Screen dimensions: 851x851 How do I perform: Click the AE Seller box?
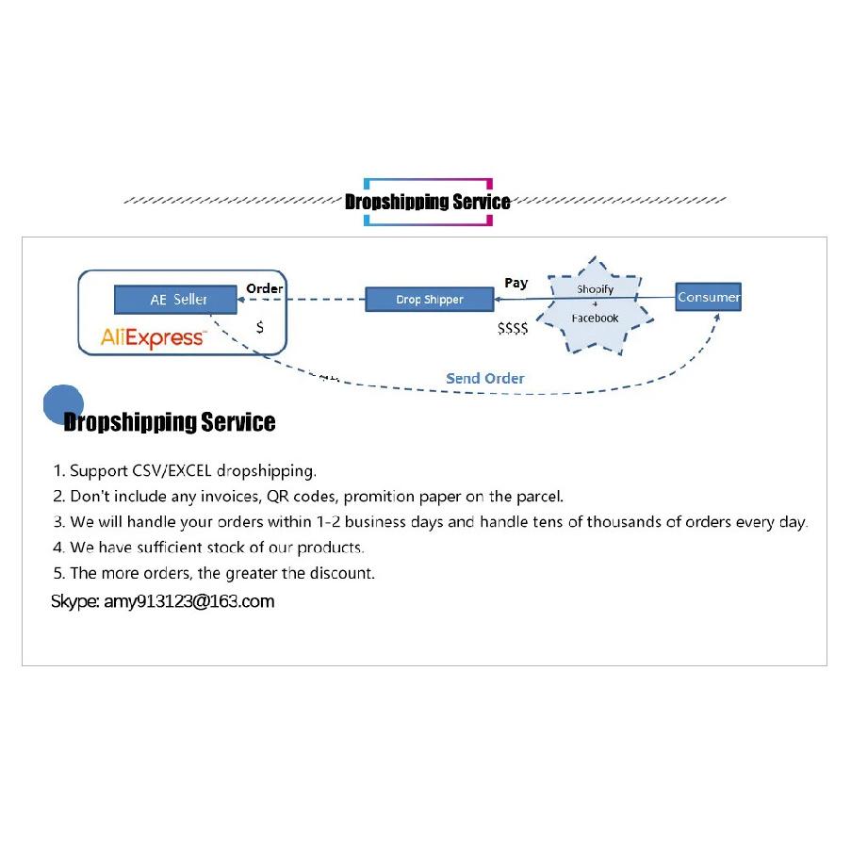[x=175, y=299]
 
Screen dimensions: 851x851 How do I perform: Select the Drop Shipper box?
[x=430, y=300]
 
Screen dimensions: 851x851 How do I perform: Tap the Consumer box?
[x=709, y=297]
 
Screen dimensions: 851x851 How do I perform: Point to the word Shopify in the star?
[x=595, y=289]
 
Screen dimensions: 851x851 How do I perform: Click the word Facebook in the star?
[x=595, y=318]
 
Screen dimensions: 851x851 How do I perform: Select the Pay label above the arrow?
[x=516, y=284]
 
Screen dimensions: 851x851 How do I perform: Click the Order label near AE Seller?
[x=264, y=288]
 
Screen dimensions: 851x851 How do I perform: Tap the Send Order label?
[x=485, y=378]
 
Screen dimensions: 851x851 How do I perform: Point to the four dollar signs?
[x=513, y=328]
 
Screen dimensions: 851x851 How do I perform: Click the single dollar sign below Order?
[x=260, y=327]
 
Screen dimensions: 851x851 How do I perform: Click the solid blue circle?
[x=63, y=404]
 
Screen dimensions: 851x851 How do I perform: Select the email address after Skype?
[x=188, y=601]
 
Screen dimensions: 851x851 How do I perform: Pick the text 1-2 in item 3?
[x=328, y=521]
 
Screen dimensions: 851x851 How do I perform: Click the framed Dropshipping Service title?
[x=428, y=202]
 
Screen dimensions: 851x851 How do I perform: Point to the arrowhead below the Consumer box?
[x=717, y=318]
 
